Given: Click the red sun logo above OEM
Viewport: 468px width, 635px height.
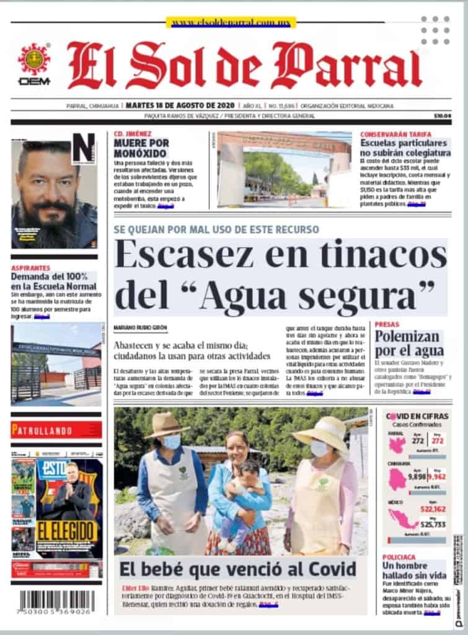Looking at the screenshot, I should click(x=34, y=59).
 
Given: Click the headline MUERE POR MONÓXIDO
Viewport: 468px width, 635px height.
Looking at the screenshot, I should click(x=141, y=148).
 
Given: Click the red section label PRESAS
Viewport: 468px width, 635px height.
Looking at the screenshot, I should click(x=387, y=324).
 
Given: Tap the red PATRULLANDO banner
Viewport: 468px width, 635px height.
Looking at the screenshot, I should click(x=56, y=429).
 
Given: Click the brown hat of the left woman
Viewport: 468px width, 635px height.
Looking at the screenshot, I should click(x=166, y=425).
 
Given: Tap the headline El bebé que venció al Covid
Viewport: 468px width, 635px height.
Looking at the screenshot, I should click(x=238, y=569).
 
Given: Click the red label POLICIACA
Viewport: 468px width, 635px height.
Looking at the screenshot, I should click(x=399, y=557).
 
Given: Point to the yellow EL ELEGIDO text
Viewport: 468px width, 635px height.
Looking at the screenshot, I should click(x=68, y=531).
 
